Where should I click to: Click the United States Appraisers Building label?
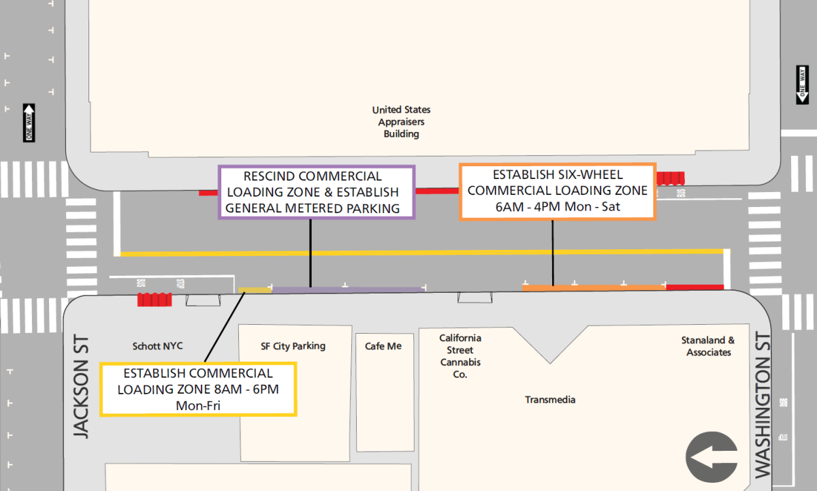401,122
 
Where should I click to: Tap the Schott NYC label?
157,346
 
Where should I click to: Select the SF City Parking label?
293,346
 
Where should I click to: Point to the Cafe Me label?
383,346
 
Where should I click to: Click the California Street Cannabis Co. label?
460,356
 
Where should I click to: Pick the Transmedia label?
550,400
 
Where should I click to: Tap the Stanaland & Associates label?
708,346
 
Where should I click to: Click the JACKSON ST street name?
81,386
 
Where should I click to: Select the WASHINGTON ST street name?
763,405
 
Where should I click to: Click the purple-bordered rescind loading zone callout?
317,192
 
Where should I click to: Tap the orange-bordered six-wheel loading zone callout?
558,191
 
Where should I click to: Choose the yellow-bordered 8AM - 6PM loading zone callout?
198,390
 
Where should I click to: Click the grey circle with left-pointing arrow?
711,457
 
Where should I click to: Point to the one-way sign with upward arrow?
29,123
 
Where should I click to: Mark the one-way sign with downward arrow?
802,85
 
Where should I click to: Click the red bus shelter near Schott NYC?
155,300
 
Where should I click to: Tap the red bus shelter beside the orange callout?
671,178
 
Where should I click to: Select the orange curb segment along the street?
594,287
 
